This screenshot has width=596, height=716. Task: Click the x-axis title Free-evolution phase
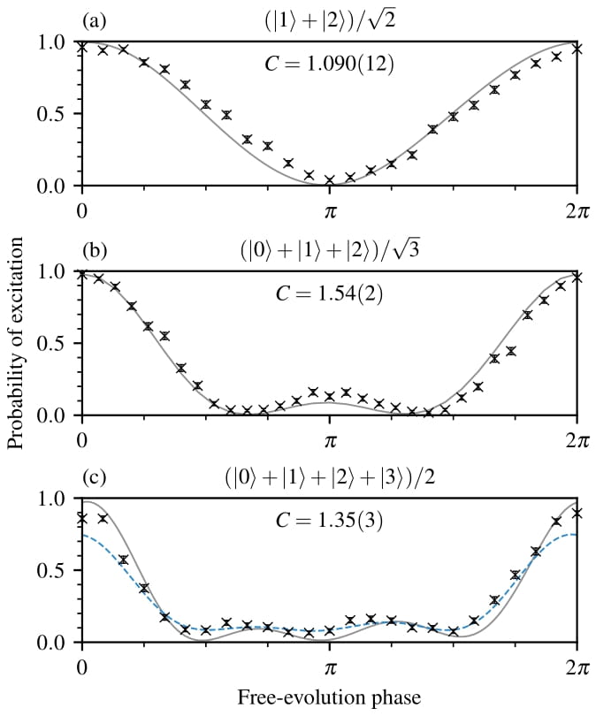coord(328,697)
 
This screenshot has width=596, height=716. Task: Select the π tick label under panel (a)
coord(329,212)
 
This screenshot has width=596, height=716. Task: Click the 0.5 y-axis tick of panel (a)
coord(55,114)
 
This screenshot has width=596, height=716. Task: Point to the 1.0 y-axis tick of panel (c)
coord(55,499)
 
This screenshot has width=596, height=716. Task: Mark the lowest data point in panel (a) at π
coord(329,180)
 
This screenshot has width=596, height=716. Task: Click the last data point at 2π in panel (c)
coord(577,513)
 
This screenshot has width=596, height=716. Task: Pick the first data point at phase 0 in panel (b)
coord(82,275)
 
